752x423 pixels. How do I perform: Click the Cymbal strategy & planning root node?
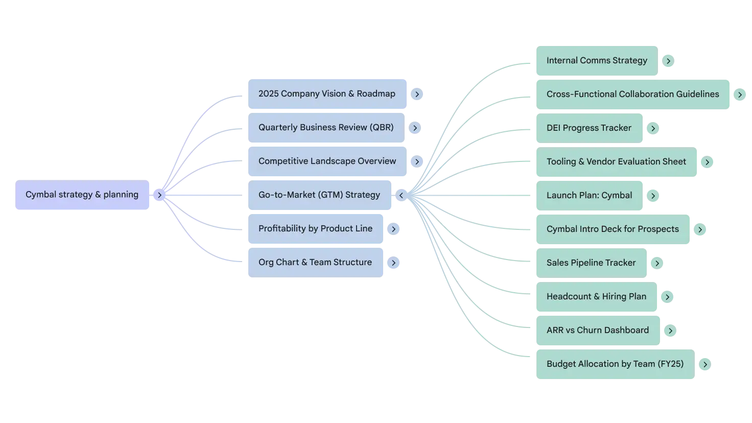82,195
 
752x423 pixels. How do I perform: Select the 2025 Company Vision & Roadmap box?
326,94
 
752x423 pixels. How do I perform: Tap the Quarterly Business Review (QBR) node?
325,128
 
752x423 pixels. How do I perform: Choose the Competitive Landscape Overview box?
326,161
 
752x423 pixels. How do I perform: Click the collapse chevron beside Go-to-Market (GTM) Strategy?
401,195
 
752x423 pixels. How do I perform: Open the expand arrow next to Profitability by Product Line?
393,229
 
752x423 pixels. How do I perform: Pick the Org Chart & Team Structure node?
315,263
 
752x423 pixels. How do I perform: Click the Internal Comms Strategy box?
596,60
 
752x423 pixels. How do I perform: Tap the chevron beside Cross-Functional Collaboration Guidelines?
740,95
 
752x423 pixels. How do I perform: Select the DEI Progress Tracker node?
589,128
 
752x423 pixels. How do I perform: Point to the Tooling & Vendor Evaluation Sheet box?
616,161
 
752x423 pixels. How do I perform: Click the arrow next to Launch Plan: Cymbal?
653,196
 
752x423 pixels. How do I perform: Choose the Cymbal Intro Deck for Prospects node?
613,229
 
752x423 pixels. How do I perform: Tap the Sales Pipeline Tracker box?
591,263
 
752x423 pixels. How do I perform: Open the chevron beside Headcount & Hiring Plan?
667,297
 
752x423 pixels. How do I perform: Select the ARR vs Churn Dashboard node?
597,330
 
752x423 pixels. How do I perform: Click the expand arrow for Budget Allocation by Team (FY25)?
705,364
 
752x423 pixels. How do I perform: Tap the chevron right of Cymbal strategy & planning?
159,195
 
